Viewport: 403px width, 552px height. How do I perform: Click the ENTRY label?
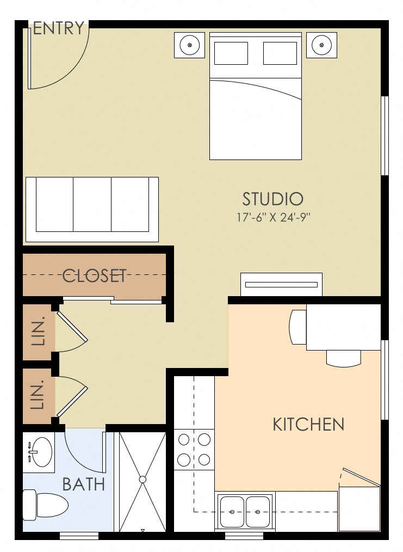(58, 28)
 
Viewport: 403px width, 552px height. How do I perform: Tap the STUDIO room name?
(273, 199)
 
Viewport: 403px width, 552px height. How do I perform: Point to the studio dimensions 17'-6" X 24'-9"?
(273, 218)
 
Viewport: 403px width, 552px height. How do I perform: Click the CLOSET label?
(94, 275)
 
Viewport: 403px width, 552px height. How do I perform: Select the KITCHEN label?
(308, 424)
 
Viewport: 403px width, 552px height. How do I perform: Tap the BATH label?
(84, 484)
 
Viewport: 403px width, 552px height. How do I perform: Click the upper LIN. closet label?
(38, 331)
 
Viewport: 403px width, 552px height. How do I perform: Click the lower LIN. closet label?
(38, 395)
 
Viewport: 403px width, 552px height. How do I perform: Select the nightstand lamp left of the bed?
(190, 45)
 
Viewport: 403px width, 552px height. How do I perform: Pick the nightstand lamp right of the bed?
(321, 45)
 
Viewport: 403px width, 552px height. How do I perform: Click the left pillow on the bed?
(231, 53)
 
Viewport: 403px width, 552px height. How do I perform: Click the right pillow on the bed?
(280, 53)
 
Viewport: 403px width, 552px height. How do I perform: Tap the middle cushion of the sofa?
(92, 204)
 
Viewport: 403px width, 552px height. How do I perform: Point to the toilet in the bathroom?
(45, 505)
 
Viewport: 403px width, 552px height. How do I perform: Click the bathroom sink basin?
(42, 452)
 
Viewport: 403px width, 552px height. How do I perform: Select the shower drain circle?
(142, 480)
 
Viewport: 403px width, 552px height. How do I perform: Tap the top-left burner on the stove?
(184, 440)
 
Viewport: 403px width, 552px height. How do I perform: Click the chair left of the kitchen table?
(297, 327)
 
